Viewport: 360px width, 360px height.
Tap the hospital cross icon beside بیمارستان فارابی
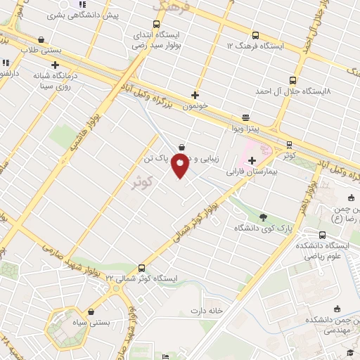pos(252,161)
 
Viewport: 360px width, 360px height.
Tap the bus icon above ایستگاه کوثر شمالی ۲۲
pos(142,268)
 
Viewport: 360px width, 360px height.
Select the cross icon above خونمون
pos(195,95)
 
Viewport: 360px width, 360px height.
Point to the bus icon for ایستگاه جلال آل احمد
pos(293,80)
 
